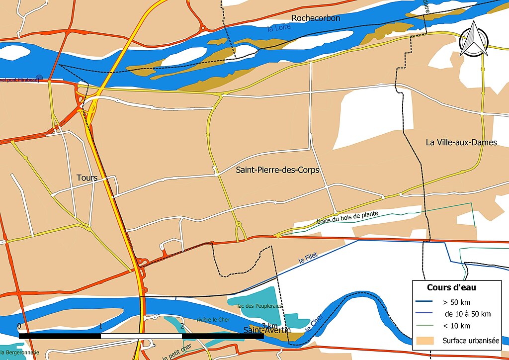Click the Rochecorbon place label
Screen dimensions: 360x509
click(x=316, y=18)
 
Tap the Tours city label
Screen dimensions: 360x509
click(x=87, y=178)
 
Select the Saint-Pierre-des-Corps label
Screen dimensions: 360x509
click(x=277, y=170)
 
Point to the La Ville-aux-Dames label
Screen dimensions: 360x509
click(x=461, y=143)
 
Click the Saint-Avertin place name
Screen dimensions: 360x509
click(x=267, y=330)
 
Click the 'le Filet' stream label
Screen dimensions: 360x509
click(x=308, y=257)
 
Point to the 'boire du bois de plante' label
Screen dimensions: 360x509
click(x=347, y=217)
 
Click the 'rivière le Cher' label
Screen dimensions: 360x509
click(x=213, y=320)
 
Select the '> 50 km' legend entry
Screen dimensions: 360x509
click(x=456, y=302)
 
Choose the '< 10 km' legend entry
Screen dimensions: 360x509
click(x=456, y=326)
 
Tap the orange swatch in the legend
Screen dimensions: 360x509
click(x=424, y=341)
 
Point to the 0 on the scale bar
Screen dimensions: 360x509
click(x=19, y=326)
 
